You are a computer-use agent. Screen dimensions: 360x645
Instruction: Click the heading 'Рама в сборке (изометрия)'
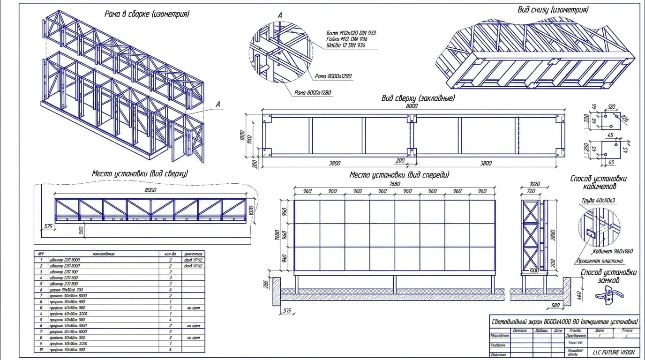pos(147,14)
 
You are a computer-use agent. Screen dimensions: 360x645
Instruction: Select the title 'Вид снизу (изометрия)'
pos(553,9)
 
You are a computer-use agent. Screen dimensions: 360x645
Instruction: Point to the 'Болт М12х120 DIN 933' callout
pos(351,33)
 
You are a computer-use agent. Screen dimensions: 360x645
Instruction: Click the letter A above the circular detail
pos(280,16)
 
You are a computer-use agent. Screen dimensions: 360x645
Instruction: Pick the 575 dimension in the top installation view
pos(48,226)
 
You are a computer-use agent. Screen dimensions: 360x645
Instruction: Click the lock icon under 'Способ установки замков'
pos(608,294)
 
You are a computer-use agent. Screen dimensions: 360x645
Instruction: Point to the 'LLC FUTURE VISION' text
pos(613,352)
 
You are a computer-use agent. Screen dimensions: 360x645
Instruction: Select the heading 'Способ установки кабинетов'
pos(598,182)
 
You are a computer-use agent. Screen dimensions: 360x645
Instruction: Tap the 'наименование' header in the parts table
pos(103,254)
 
